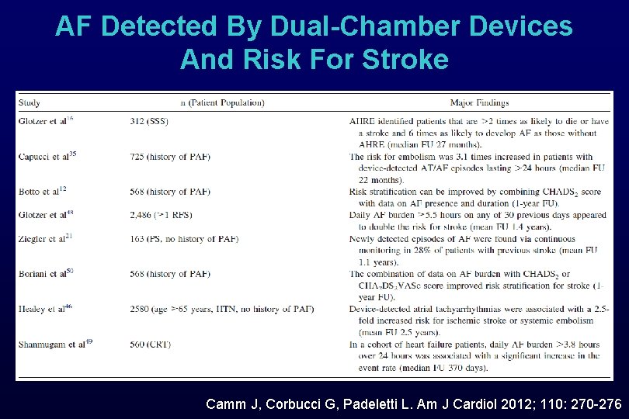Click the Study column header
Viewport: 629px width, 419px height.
pos(30,102)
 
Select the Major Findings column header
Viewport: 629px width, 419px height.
pos(479,102)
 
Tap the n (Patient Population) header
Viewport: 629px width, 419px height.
pos(222,102)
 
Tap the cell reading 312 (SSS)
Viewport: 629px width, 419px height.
pos(150,121)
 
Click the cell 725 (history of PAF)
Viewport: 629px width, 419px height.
pos(171,157)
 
